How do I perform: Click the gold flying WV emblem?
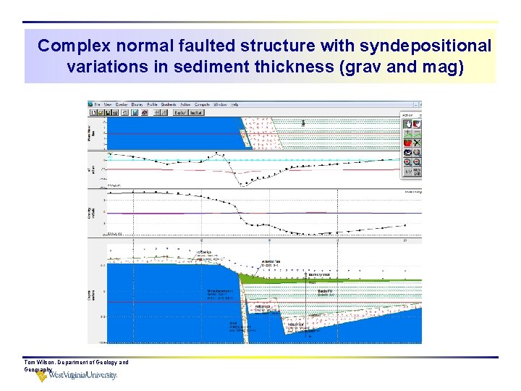pyautogui.click(x=42, y=374)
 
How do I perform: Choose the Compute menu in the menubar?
pyautogui.click(x=201, y=104)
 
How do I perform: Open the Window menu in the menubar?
pyautogui.click(x=220, y=104)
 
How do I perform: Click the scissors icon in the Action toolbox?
pyautogui.click(x=417, y=143)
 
